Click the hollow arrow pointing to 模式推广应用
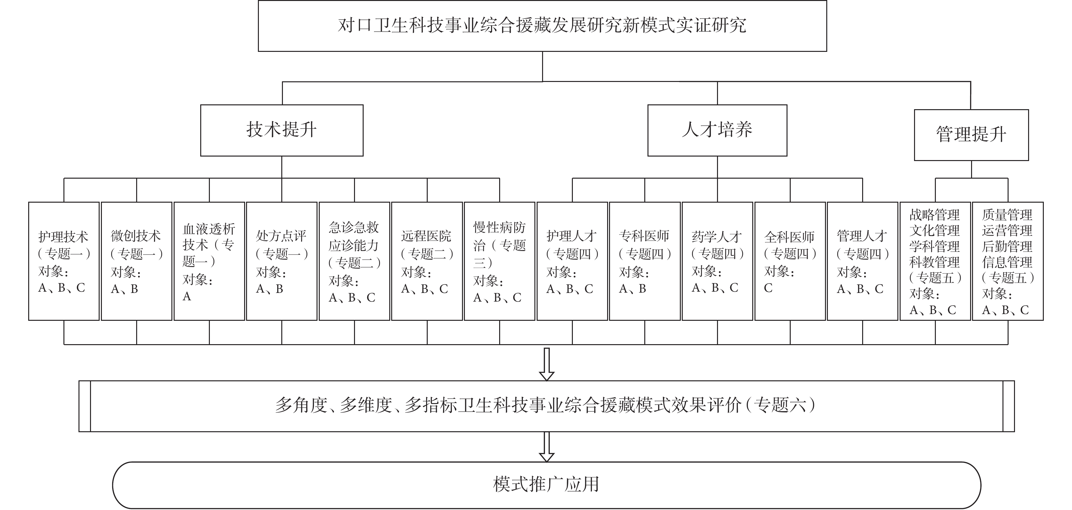coord(546,447)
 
